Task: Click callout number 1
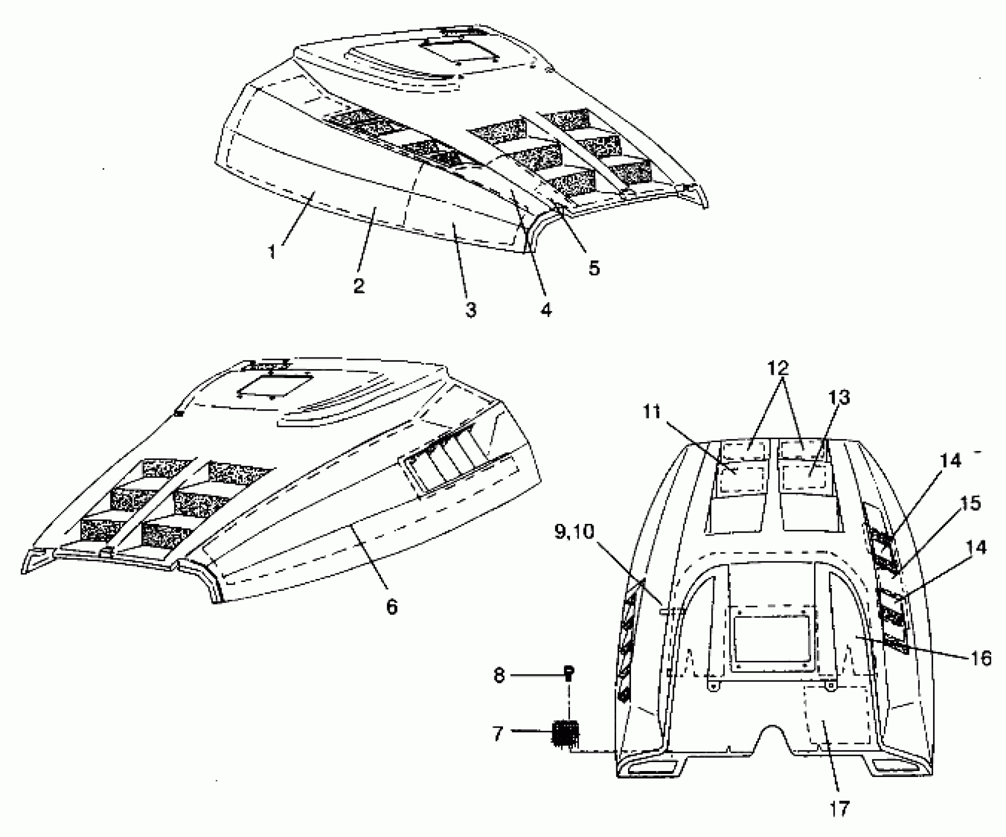tap(272, 252)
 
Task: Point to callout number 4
tap(546, 310)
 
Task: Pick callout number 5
tap(594, 268)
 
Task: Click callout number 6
tap(391, 607)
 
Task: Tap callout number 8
tap(499, 676)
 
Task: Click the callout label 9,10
tap(574, 532)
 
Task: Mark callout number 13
tap(839, 397)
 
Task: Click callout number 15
tap(966, 504)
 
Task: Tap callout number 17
tap(840, 809)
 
